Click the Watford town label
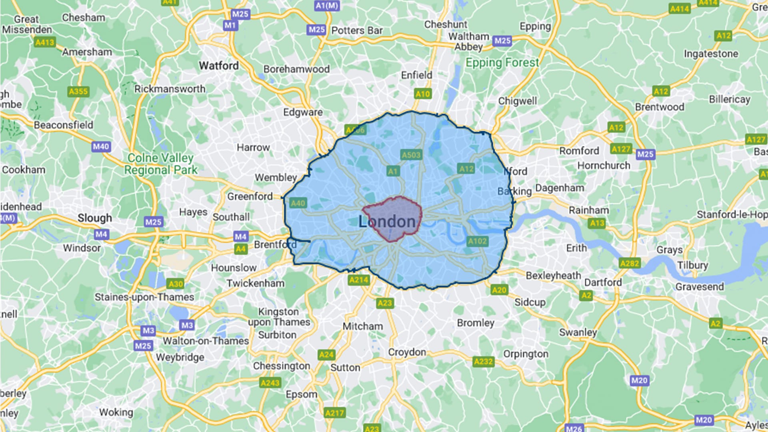(x=219, y=66)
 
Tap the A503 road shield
(x=411, y=155)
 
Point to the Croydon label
(x=407, y=352)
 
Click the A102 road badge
(x=478, y=241)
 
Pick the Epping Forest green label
(x=502, y=63)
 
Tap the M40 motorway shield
(x=101, y=147)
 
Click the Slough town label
(x=95, y=218)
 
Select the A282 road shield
(x=630, y=263)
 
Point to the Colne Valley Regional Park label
(x=160, y=164)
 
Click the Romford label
(x=579, y=151)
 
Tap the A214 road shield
(x=358, y=280)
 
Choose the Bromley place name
(x=476, y=323)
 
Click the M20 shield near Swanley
(x=639, y=380)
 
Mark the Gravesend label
(x=699, y=287)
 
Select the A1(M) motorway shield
(x=327, y=6)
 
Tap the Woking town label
(x=116, y=412)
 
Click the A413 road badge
(x=44, y=42)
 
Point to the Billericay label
(x=729, y=99)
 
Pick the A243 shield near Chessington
(x=270, y=383)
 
